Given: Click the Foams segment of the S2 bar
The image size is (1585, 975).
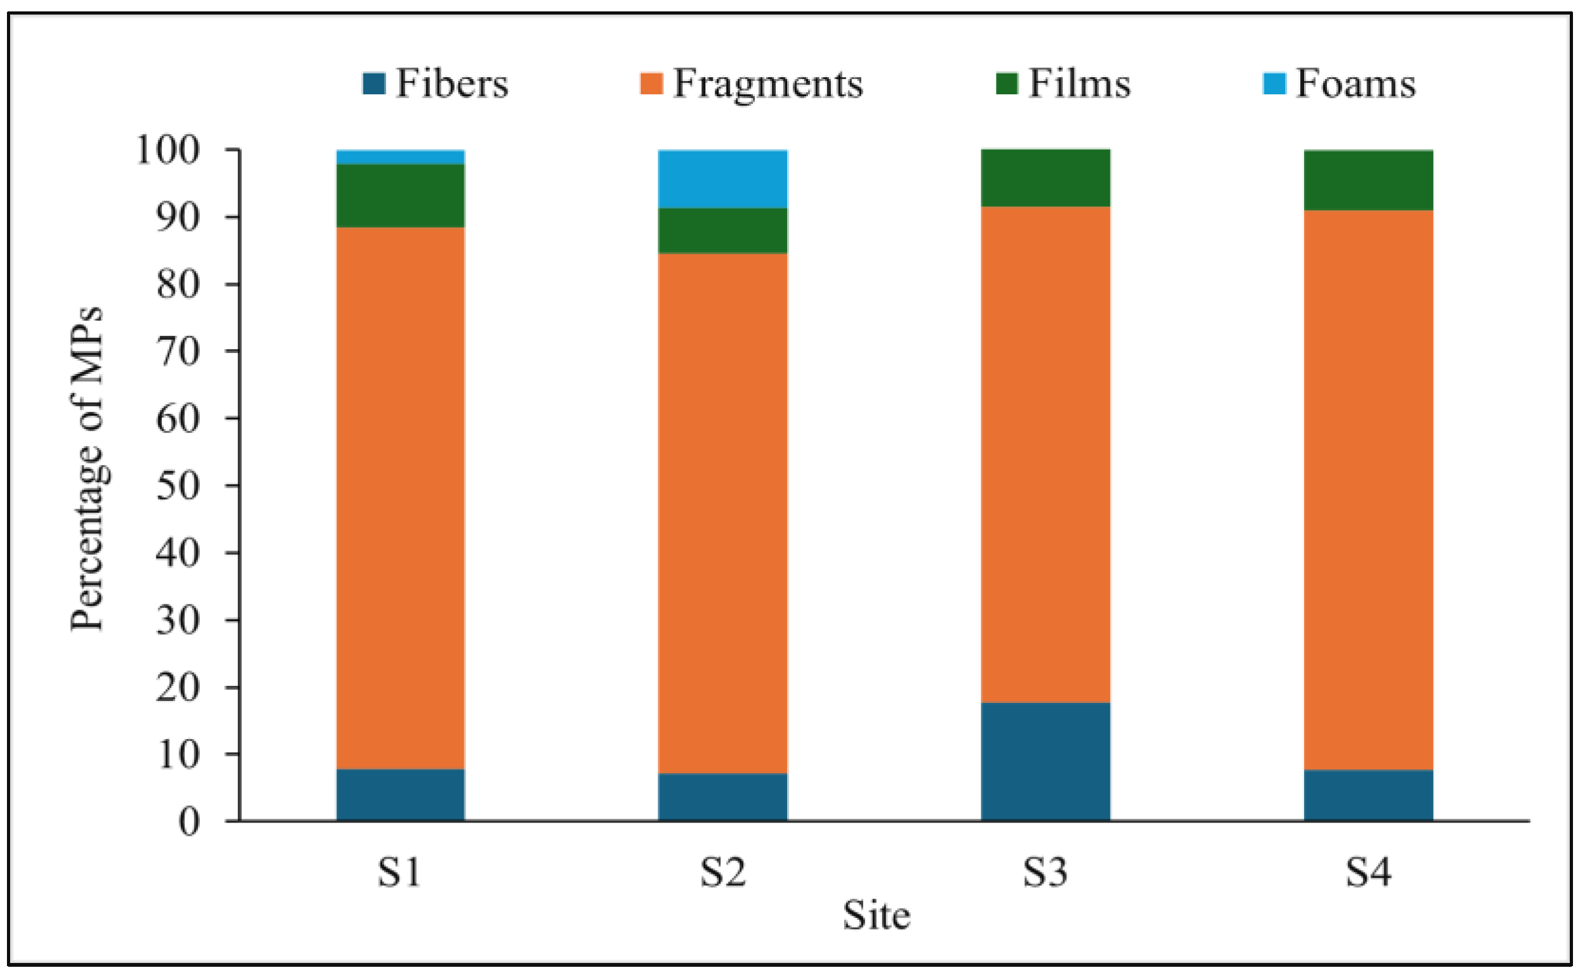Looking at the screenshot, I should click(722, 179).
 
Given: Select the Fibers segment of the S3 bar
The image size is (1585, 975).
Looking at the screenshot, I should click(1045, 761).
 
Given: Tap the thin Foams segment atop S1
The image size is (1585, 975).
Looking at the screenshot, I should click(401, 158).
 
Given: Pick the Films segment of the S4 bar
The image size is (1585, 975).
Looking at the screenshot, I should click(1369, 180).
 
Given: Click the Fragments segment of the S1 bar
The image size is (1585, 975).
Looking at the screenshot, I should click(401, 498).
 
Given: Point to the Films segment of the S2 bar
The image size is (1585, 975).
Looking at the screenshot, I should click(722, 230).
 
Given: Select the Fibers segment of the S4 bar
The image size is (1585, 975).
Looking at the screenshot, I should click(1369, 795).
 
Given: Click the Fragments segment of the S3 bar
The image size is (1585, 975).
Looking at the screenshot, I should click(1045, 455).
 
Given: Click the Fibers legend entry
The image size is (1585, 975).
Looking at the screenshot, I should click(436, 84).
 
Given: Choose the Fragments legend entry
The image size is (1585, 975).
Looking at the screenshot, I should click(751, 84).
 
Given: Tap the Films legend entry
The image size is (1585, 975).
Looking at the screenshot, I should click(1064, 84).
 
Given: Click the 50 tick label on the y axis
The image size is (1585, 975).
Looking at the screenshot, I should click(178, 485).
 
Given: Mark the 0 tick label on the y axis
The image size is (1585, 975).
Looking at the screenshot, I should click(189, 822).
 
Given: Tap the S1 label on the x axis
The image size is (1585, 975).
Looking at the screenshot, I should click(400, 873).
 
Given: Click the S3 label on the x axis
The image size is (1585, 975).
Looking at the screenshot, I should click(1045, 873).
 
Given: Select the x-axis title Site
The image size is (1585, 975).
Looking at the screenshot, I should click(876, 916).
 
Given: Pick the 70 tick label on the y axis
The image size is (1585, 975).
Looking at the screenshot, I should click(178, 351).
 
